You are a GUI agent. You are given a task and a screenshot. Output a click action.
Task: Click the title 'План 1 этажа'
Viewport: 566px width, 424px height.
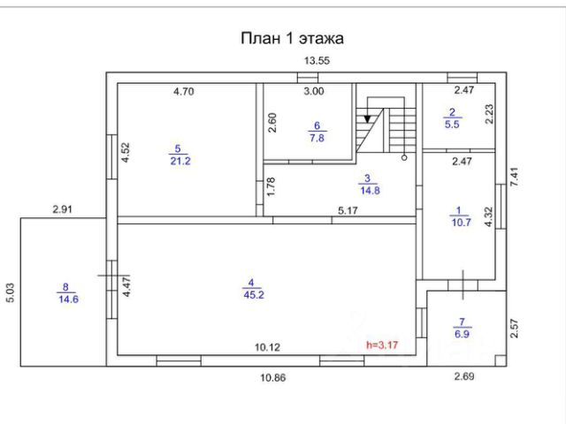click(x=292, y=38)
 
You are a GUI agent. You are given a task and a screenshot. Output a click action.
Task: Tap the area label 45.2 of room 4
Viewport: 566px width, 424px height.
click(x=252, y=294)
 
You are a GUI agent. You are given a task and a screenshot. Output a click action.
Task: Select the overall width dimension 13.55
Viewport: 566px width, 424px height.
click(x=317, y=61)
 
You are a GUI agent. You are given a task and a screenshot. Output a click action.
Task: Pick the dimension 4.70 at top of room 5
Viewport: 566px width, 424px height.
click(x=185, y=90)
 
